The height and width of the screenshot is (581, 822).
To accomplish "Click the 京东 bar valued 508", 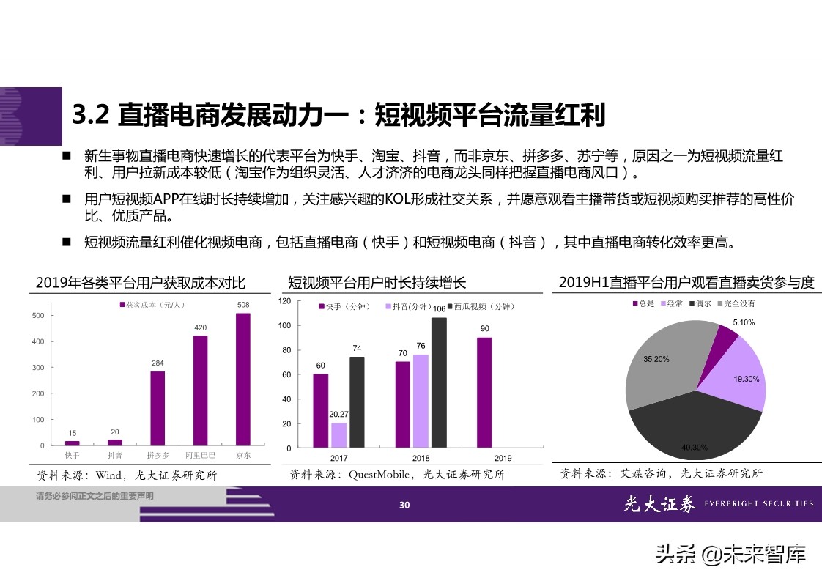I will [243, 379].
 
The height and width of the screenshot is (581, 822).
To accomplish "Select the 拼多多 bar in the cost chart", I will [158, 408].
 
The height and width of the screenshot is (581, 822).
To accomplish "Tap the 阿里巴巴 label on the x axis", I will [200, 456].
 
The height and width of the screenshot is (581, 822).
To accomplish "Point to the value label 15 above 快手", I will [73, 433].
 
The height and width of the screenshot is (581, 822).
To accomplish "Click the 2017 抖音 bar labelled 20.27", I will [338, 435].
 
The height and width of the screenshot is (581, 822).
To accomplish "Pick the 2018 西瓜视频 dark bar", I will [439, 382].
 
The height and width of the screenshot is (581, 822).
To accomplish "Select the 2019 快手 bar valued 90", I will [484, 392].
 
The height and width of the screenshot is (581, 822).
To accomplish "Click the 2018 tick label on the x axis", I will [421, 459].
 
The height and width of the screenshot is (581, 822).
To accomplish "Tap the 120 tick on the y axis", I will [285, 301].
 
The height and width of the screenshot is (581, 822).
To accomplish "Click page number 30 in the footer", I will [404, 504].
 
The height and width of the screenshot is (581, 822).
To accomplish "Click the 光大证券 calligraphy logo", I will [659, 503].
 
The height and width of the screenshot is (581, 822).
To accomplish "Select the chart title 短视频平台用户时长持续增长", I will [377, 283].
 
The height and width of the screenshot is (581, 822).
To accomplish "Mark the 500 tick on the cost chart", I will [37, 315].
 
